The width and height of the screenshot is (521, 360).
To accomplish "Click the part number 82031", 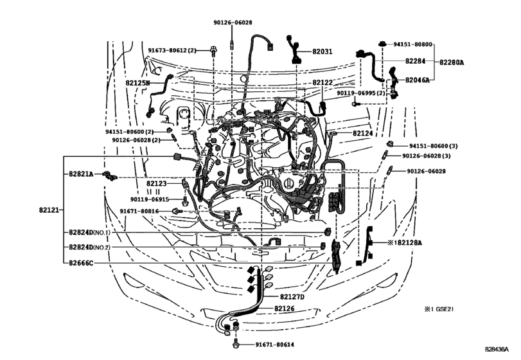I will pos(322,51).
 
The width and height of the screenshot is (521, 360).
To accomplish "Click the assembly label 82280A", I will pos(452,62).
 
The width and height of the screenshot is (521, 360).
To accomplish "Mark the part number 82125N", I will pos(137,84).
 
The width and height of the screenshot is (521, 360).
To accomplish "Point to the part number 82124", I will pos(362,133).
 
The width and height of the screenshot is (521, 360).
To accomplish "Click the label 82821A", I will pos(82,174).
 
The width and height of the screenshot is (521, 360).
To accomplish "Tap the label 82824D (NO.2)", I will pos(90,247).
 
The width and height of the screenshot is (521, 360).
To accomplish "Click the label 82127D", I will pos(292,297).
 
